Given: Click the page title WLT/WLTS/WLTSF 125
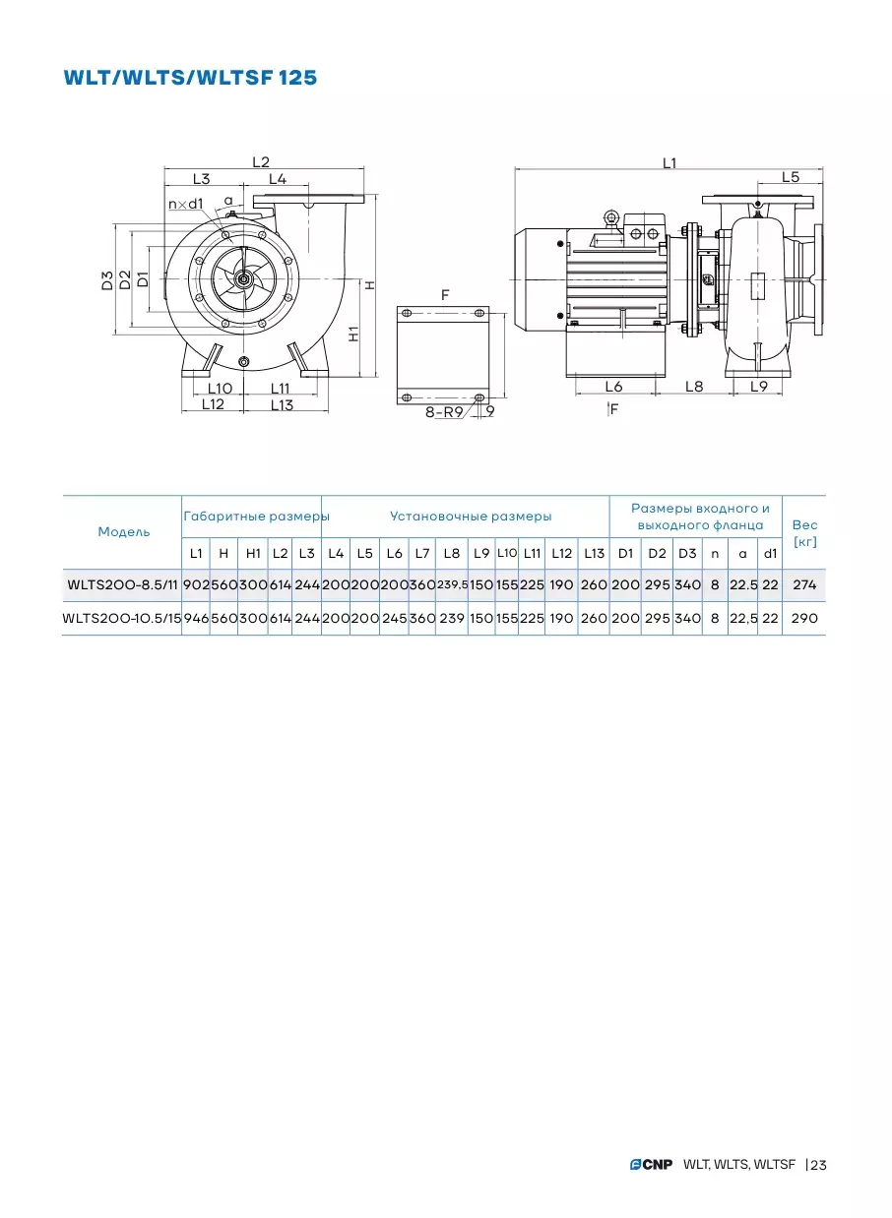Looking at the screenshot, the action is tap(190, 78).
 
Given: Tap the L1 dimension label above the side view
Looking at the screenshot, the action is tap(669, 162).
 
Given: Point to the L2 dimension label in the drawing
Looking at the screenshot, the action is tap(261, 162).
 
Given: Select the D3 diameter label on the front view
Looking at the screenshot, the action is tap(107, 280).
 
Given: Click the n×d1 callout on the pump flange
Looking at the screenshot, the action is tap(185, 204).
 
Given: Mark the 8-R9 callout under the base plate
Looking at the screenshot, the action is tap(444, 412).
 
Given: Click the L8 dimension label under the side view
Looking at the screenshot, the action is tap(694, 387).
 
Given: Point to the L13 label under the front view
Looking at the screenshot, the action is tap(282, 404).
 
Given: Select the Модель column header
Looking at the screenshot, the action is tap(123, 532).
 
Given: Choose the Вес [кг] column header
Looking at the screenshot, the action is tap(804, 533).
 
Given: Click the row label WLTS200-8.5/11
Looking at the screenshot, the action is tap(122, 585).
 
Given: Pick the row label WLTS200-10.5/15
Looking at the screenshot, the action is tap(122, 618).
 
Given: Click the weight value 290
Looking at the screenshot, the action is tap(804, 618).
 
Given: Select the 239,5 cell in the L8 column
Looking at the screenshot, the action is tap(452, 585).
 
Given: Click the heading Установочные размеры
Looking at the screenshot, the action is tap(471, 516).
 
